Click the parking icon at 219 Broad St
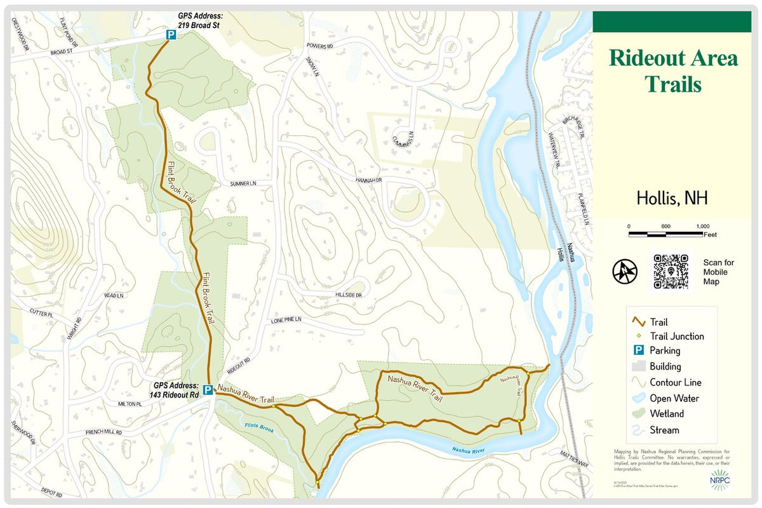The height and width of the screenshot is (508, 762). pos(171,37)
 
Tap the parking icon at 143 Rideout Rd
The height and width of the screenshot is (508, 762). pos(208,390)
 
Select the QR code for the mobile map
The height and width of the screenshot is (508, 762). pos(671,271)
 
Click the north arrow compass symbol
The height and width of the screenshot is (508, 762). pos(624,271)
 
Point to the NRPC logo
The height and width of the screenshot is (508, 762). pos(719,481)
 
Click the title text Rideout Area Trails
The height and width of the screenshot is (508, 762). pos(672,70)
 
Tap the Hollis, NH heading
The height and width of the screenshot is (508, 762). pos(672,198)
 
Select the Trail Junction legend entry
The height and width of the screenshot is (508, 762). pos(676,337)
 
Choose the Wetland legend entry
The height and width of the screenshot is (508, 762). pos(666,414)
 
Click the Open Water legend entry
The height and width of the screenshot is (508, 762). pos(674,399)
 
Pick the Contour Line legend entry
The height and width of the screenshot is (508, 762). pos(675,383)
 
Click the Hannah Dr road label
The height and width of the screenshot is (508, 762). pos(369,180)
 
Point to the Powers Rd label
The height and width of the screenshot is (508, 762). pos(320,46)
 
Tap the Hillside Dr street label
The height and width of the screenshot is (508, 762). pos(349,295)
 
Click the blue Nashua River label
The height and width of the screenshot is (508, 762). pos(469,450)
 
